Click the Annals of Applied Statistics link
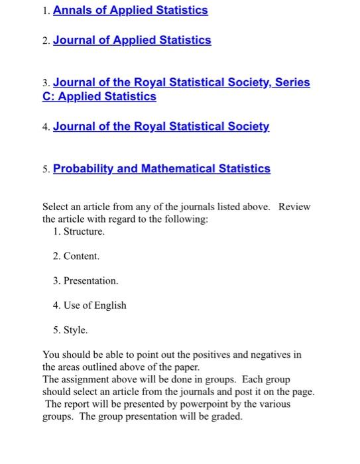tap(130, 11)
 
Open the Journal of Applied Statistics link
tap(132, 40)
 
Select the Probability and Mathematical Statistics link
tap(162, 168)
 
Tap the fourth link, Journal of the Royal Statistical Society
tap(161, 126)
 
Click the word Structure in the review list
tap(84, 231)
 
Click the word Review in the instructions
tap(294, 207)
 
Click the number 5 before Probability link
tap(45, 169)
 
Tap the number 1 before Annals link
tap(44, 11)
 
